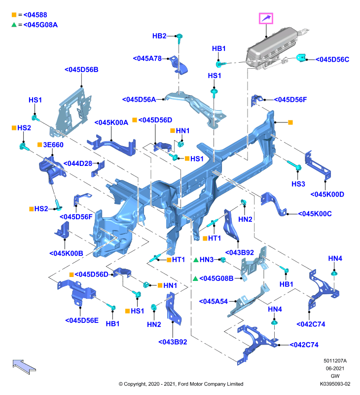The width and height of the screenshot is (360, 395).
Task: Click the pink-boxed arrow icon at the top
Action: pyautogui.click(x=266, y=18)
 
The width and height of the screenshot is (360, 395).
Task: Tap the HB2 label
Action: pyautogui.click(x=159, y=36)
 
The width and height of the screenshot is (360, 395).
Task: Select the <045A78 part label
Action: pyautogui.click(x=147, y=58)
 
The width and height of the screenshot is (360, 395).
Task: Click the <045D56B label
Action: pyautogui.click(x=81, y=70)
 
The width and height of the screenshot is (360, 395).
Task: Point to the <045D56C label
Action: pyautogui.click(x=332, y=59)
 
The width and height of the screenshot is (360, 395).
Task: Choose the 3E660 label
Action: pyautogui.click(x=53, y=145)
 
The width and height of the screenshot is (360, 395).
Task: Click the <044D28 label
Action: pyautogui.click(x=78, y=164)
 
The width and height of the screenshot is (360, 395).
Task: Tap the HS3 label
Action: pyautogui.click(x=298, y=184)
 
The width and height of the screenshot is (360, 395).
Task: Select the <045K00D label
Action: pyautogui.click(x=327, y=195)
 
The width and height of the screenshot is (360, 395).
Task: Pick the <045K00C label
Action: pyautogui.click(x=315, y=214)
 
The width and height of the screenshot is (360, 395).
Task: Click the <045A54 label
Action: pyautogui.click(x=214, y=302)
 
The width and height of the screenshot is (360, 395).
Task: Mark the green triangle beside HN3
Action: pyautogui.click(x=196, y=260)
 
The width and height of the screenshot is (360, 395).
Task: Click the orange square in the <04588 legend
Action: pyautogui.click(x=14, y=15)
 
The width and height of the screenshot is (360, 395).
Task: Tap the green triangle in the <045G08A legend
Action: pyautogui.click(x=14, y=25)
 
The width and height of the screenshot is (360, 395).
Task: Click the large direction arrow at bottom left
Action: pyautogui.click(x=24, y=366)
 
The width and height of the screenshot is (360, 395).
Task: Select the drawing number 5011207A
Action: pyautogui.click(x=335, y=361)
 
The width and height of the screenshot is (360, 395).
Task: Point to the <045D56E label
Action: pyautogui.click(x=82, y=320)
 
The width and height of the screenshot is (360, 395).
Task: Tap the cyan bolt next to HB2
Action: pyautogui.click(x=179, y=39)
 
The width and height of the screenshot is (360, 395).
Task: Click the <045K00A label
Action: pyautogui.click(x=111, y=122)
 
